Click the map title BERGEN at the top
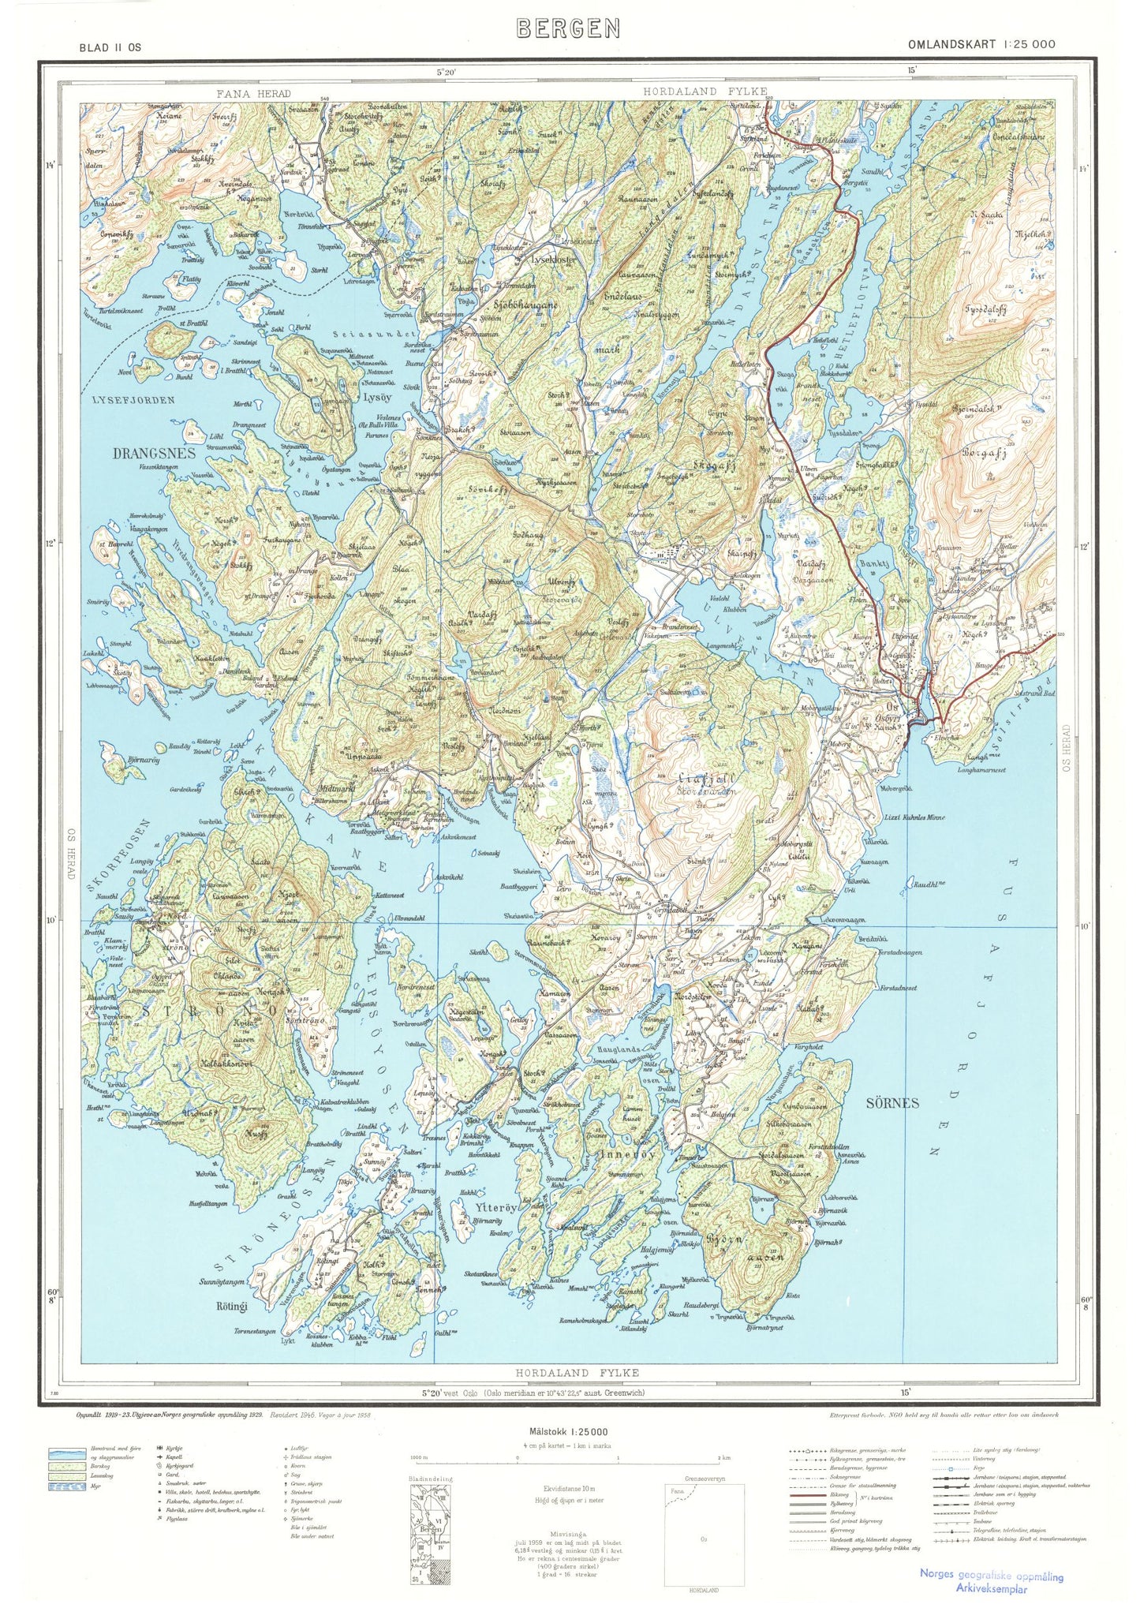(x=568, y=29)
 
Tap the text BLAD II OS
(x=110, y=47)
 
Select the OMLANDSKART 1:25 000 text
(x=981, y=44)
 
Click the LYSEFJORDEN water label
(x=133, y=400)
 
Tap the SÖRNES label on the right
(x=892, y=1103)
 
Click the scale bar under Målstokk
(x=568, y=1457)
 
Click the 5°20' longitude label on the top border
(x=447, y=72)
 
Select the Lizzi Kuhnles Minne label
(x=914, y=817)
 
